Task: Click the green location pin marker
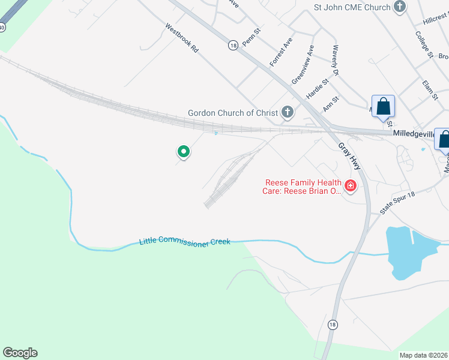pos(184,152)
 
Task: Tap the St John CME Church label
pos(352,7)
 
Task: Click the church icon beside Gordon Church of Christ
pos(288,112)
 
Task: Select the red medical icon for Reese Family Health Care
pos(350,187)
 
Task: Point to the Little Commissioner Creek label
pos(185,242)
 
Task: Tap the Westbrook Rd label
pos(181,38)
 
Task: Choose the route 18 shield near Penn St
pos(234,45)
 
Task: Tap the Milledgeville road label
pos(417,133)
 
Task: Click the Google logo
pos(20,353)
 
